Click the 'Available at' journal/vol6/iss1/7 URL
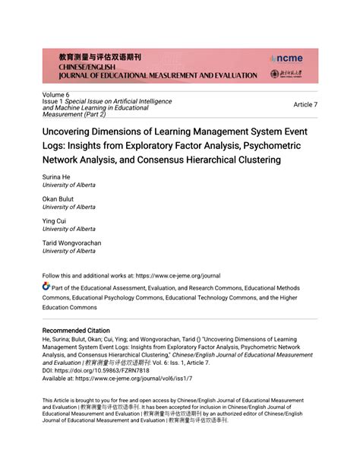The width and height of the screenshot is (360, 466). (x=133, y=377)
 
